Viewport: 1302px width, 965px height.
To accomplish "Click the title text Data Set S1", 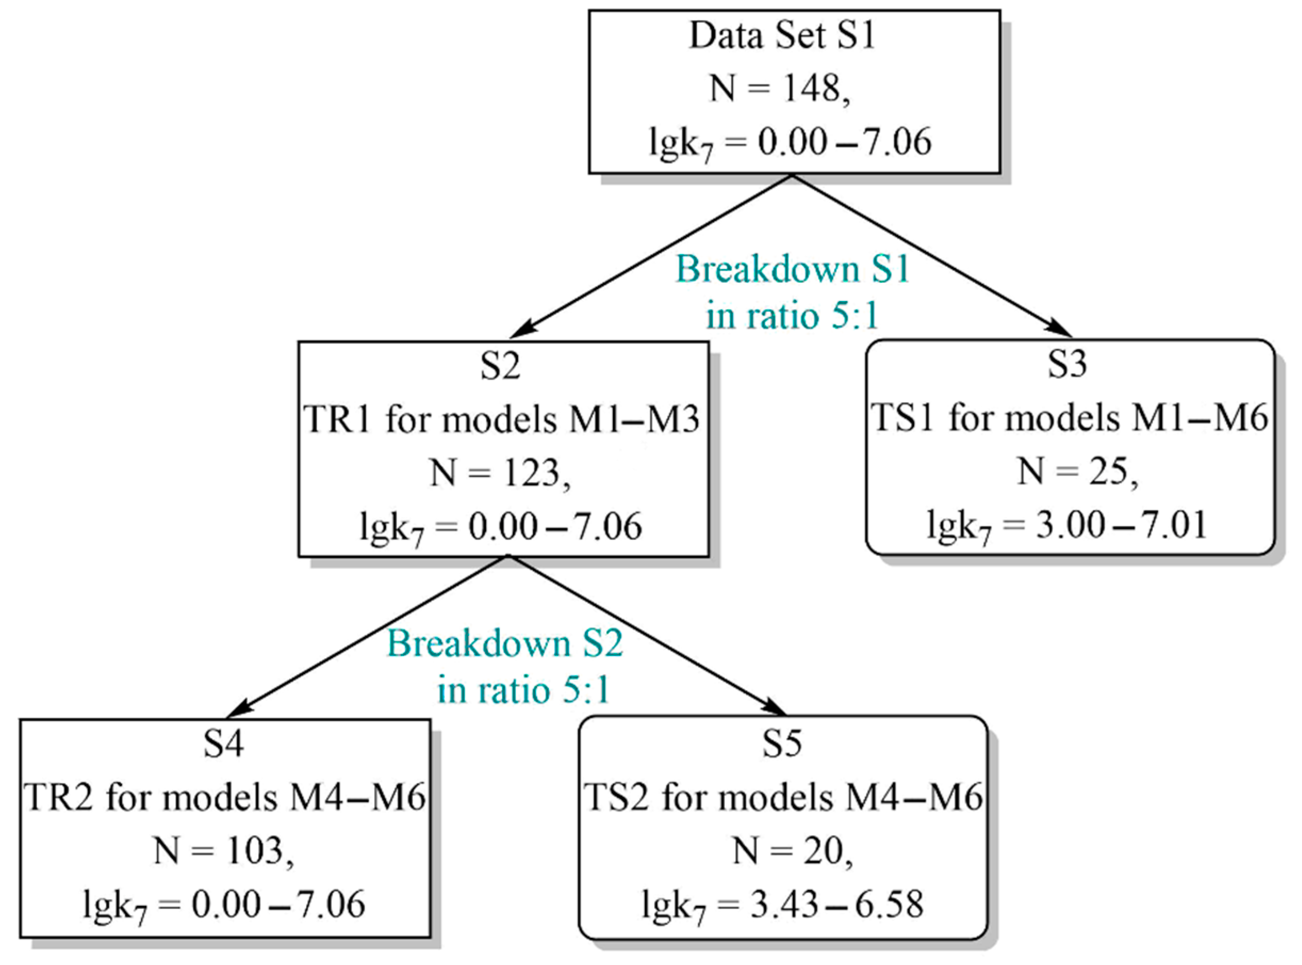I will coord(782,36).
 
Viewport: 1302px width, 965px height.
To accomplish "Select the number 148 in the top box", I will coord(812,89).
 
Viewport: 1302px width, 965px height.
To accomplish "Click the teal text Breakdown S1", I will coord(792,271).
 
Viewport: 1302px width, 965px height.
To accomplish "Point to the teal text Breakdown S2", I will coord(505,644).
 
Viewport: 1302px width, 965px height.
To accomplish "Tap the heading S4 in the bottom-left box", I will coord(224,745).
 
